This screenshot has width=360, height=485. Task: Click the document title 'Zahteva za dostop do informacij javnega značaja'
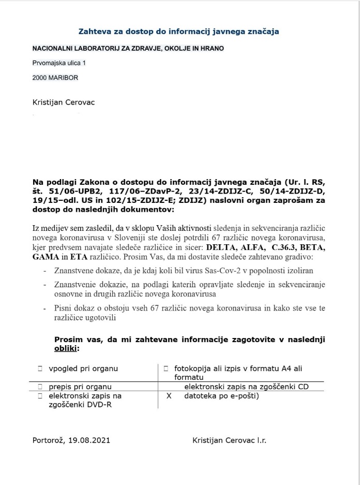click(178, 32)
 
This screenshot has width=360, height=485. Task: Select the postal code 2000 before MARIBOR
click(40, 78)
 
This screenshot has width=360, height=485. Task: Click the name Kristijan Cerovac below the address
click(64, 102)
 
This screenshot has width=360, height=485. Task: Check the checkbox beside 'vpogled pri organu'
click(40, 369)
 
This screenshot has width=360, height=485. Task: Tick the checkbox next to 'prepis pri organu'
click(40, 386)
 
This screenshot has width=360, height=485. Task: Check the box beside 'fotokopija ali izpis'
click(166, 369)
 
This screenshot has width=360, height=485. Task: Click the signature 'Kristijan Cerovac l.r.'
click(229, 440)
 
